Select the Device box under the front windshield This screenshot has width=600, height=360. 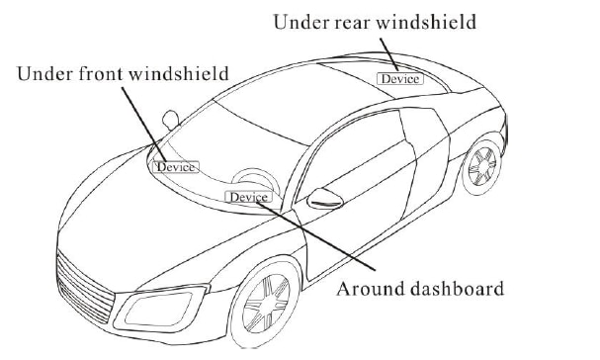176,166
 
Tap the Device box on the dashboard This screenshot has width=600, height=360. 247,197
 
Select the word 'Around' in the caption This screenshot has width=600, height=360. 367,289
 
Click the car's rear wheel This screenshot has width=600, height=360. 482,168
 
